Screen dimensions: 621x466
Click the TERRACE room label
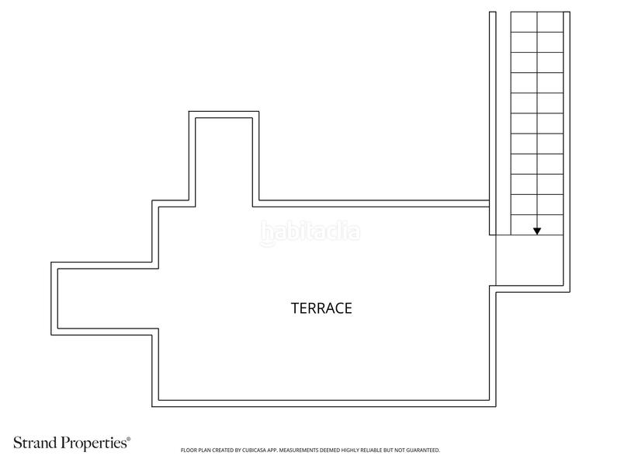coord(321,308)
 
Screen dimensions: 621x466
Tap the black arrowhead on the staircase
coord(537,231)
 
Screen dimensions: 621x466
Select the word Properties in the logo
coord(95,443)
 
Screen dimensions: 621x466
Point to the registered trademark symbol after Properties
coord(128,439)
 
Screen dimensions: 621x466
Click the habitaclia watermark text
coord(310,232)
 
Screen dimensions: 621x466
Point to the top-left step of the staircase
coord(524,22)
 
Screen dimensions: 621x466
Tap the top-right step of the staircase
coord(550,22)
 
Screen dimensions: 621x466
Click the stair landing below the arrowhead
coord(529,260)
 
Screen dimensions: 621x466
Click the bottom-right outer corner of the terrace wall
coord(496,406)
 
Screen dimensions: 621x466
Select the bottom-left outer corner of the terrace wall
coord(152,406)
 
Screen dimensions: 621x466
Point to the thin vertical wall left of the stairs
coord(493,123)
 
